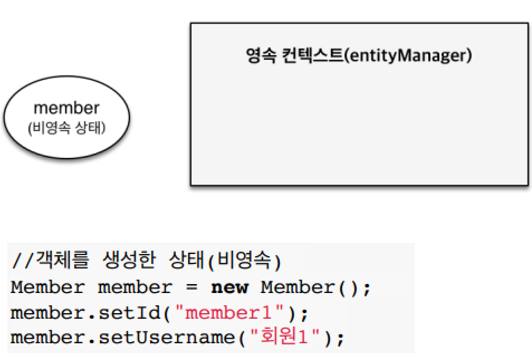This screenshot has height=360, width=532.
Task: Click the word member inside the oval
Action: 66,108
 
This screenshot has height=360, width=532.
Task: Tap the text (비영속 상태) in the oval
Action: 66,128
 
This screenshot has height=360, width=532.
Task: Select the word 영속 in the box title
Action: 259,56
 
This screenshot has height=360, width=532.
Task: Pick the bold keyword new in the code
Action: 230,288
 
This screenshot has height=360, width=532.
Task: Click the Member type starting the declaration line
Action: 47,288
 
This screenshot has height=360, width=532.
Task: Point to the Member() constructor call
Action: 309,288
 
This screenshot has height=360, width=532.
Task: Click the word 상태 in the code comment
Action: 185,261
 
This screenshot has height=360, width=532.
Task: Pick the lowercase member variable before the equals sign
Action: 135,288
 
